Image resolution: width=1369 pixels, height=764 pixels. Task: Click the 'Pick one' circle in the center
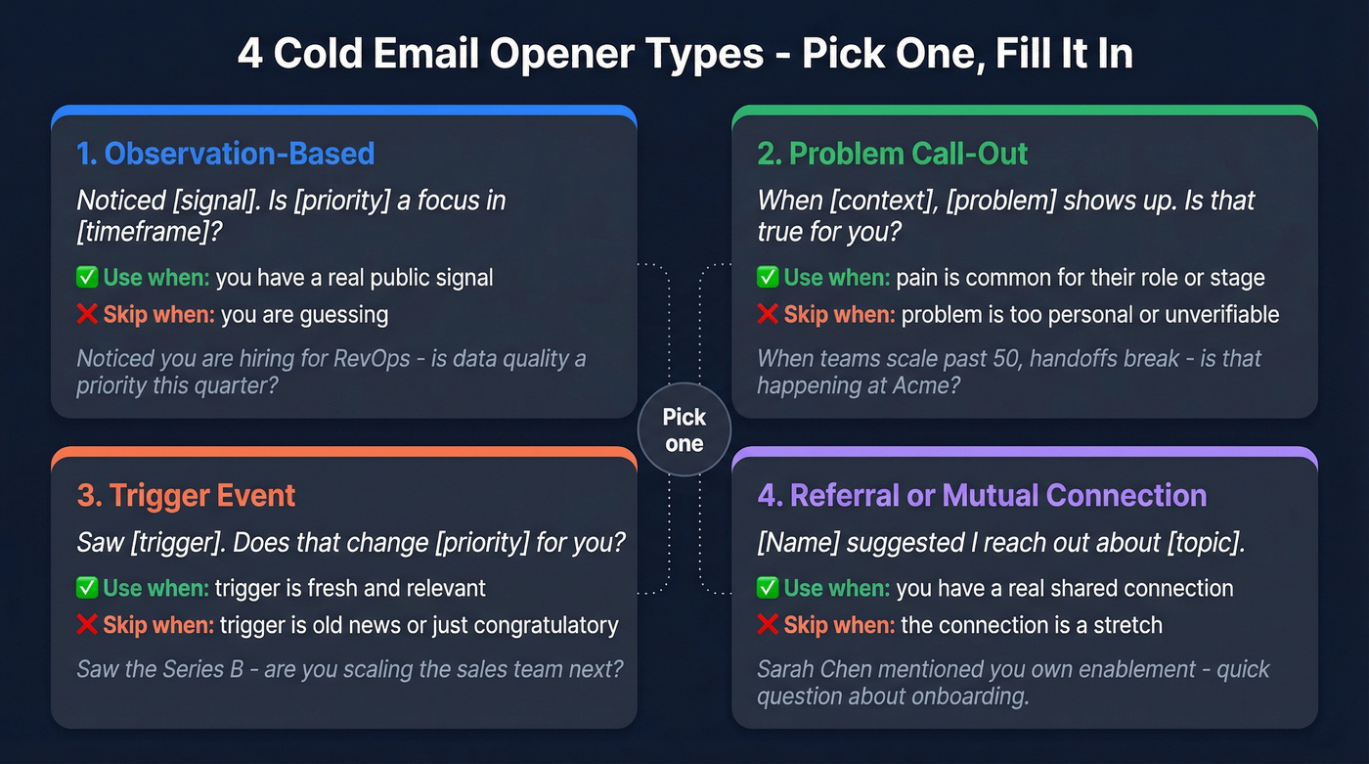tap(684, 429)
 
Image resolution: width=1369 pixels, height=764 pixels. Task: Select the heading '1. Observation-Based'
tap(225, 154)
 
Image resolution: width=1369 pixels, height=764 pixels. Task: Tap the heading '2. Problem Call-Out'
tap(893, 154)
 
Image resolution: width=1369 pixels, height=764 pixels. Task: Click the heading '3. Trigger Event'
tap(186, 495)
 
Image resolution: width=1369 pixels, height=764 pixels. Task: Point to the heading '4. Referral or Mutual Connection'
tap(982, 495)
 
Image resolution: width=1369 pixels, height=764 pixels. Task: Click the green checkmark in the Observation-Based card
tap(86, 278)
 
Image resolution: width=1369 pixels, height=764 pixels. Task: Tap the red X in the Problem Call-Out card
tap(768, 315)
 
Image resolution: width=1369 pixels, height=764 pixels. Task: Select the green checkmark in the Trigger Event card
tap(86, 588)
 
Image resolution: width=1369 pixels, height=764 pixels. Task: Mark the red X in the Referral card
tap(768, 624)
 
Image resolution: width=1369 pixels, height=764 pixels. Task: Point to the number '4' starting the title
tap(250, 54)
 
